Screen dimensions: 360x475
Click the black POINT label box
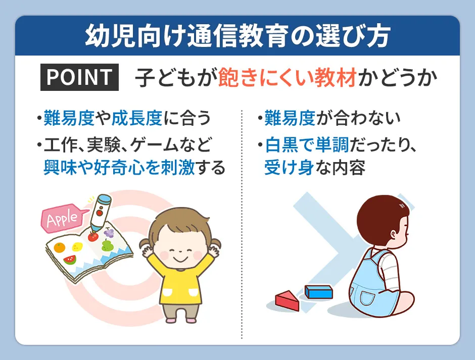coord(79,77)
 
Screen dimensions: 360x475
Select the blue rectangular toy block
coord(318,291)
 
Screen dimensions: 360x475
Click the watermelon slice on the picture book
coord(70,260)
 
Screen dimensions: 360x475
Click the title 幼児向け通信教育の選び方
coord(237,36)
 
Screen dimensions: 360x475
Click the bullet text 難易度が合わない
coord(331,119)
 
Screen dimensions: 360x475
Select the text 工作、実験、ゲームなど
coord(126,146)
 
